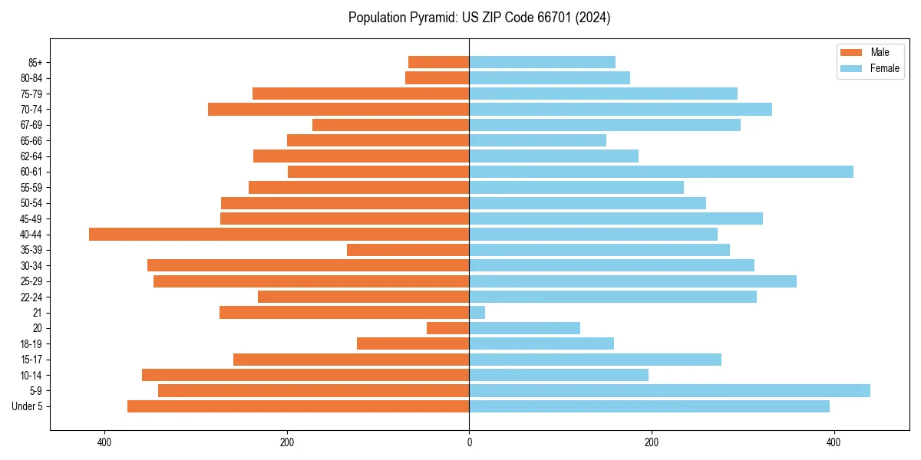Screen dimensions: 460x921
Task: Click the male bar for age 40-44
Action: click(279, 235)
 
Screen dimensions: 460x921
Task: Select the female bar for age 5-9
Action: click(669, 391)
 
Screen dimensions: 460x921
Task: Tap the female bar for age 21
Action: click(477, 313)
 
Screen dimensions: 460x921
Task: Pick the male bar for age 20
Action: click(448, 328)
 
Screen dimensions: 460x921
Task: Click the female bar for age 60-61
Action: click(661, 172)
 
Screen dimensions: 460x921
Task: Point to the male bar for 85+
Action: click(439, 62)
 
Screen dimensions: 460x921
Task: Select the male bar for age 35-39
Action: click(408, 250)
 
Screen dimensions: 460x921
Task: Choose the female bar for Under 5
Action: click(649, 406)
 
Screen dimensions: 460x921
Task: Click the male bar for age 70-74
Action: click(338, 109)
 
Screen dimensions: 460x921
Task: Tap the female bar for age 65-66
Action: click(537, 140)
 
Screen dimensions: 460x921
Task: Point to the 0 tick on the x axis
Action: click(469, 442)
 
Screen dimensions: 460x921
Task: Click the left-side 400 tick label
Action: click(105, 442)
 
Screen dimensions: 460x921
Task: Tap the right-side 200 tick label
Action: click(651, 442)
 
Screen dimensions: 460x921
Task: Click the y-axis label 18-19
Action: click(31, 344)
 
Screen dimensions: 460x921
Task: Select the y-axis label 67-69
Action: click(31, 125)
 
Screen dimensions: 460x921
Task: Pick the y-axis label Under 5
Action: click(28, 406)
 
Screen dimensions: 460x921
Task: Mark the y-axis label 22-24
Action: click(31, 297)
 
